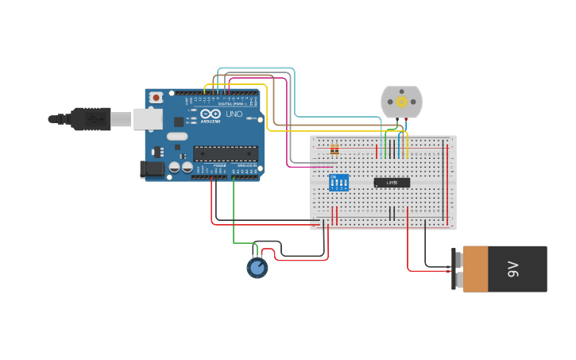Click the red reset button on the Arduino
coord(157,97)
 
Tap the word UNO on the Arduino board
coord(234,114)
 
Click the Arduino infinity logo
coord(210,114)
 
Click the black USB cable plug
coord(91,118)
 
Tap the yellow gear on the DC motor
coord(401,102)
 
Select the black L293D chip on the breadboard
coord(392,182)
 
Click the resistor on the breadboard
coord(334,149)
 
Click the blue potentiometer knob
coord(257,267)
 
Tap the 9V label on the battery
coord(513,269)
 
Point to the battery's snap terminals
coord(458,269)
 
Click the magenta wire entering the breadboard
coord(302,167)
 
